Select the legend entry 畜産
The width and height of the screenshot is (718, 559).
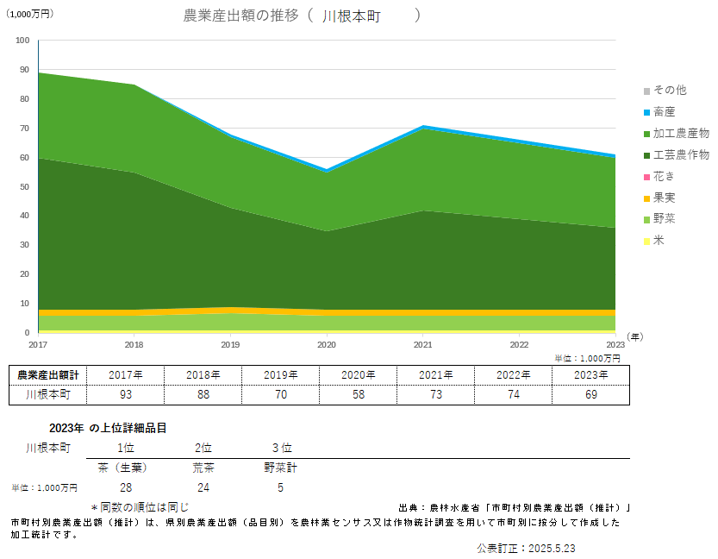[x=664, y=111]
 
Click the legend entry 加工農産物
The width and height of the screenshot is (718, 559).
[x=680, y=133]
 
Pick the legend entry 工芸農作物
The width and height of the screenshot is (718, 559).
[x=680, y=154]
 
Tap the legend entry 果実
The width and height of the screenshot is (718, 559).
[x=664, y=198]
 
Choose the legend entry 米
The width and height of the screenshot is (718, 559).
[x=659, y=240]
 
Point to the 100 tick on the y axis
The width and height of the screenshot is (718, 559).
[x=22, y=40]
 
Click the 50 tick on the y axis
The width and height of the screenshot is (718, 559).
[x=23, y=186]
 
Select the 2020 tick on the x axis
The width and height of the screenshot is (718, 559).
[x=327, y=343]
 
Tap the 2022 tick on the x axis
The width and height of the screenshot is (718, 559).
[x=520, y=343]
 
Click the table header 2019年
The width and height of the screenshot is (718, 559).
[x=280, y=374]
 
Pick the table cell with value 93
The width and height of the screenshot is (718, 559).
[x=126, y=394]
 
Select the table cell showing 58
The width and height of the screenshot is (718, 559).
[x=358, y=394]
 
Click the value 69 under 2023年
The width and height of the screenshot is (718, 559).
[x=590, y=394]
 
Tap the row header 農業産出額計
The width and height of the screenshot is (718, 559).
[x=47, y=374]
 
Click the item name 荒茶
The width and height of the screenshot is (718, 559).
[x=203, y=468]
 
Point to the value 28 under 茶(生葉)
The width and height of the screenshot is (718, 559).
[x=126, y=487]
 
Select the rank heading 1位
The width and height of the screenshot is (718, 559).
[x=126, y=448]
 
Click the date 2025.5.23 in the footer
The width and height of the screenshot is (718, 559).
[x=552, y=548]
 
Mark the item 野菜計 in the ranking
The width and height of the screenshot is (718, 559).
[x=280, y=468]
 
